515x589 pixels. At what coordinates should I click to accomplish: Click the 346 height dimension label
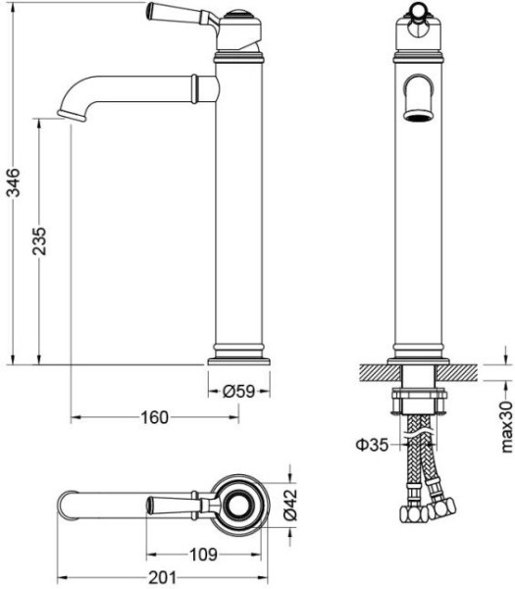tap(15, 183)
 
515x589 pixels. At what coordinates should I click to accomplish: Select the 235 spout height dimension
tap(39, 241)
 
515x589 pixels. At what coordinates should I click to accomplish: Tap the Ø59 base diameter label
tap(238, 392)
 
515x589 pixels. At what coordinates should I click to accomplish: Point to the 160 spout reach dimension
tap(154, 417)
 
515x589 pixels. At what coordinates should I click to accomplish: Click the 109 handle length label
tap(203, 554)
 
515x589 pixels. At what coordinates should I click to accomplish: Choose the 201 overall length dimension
tap(162, 578)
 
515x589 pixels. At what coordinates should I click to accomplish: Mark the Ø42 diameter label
tap(290, 505)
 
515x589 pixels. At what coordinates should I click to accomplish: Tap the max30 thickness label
tap(506, 427)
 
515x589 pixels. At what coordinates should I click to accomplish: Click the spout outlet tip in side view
tap(72, 115)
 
